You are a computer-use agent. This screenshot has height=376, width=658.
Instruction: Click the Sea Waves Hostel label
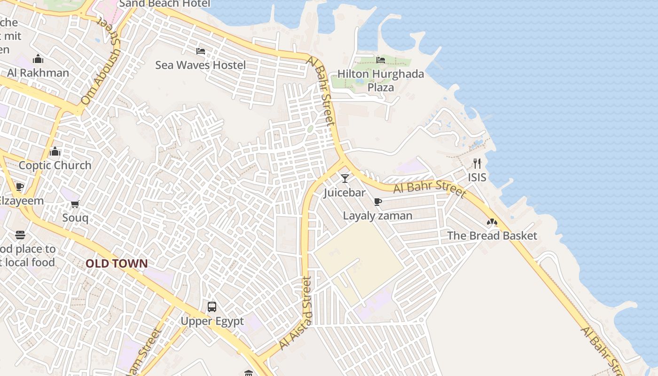[x=200, y=65]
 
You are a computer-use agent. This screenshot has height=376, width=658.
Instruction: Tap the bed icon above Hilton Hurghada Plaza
[x=381, y=60]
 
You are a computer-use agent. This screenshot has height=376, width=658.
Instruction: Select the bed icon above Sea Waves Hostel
[x=201, y=51]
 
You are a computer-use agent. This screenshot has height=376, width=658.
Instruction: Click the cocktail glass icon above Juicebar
[x=345, y=179]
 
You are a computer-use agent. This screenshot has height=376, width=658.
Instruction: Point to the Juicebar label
[x=345, y=193]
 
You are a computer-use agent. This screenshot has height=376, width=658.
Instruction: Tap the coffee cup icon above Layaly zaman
[x=377, y=202]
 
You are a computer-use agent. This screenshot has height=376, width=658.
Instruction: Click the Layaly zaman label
[x=377, y=216]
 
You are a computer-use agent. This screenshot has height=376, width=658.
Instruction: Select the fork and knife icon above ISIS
[x=477, y=163]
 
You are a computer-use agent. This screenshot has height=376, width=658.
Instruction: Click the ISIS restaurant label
[x=477, y=177]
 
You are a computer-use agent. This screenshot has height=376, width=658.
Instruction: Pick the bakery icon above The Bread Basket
[x=492, y=222]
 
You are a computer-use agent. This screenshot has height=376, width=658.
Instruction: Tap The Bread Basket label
[x=492, y=235]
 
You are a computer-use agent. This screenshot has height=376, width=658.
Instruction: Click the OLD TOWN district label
[x=117, y=264]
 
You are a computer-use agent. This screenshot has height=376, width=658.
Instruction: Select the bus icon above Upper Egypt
[x=212, y=307]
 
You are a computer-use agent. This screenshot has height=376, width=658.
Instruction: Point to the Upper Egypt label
[x=212, y=321]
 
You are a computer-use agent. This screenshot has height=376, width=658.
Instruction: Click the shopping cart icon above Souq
[x=75, y=204]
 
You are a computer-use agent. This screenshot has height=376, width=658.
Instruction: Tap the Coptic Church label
[x=55, y=165]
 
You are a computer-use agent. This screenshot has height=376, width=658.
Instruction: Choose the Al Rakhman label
[x=38, y=73]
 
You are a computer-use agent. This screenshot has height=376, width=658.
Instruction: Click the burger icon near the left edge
[x=20, y=235]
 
